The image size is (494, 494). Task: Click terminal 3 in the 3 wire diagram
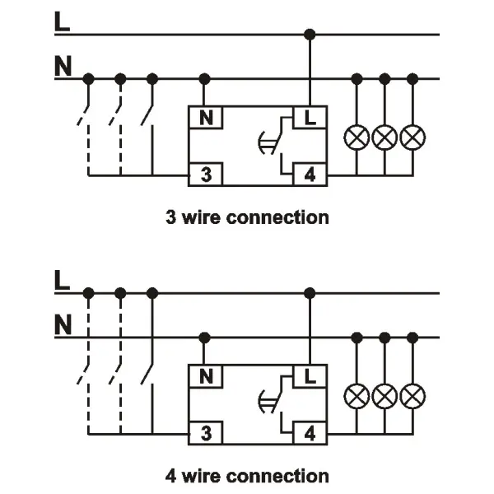pyautogui.click(x=205, y=175)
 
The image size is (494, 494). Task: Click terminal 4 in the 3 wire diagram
pyautogui.click(x=310, y=175)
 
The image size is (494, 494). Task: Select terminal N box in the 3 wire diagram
pyautogui.click(x=205, y=117)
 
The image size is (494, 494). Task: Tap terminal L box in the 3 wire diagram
pyautogui.click(x=310, y=117)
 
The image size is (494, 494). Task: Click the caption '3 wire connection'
pyautogui.click(x=247, y=217)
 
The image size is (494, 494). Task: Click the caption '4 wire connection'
pyautogui.click(x=247, y=476)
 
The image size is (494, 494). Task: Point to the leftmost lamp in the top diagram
pyautogui.click(x=357, y=137)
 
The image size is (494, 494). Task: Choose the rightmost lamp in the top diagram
pyautogui.click(x=412, y=137)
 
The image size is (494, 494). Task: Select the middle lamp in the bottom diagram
pyautogui.click(x=384, y=397)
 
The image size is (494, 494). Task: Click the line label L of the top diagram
pyautogui.click(x=63, y=22)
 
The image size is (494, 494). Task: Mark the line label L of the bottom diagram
pyautogui.click(x=63, y=281)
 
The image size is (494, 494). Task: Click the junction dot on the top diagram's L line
pyautogui.click(x=310, y=35)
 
